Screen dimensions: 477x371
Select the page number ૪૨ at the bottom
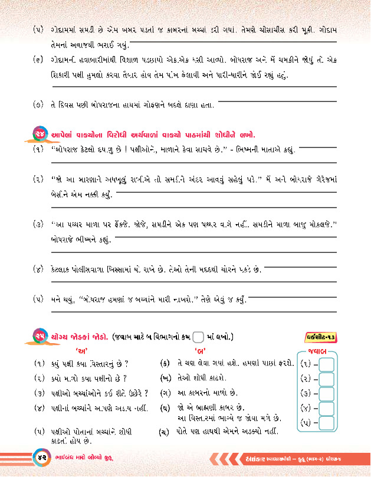click(39, 458)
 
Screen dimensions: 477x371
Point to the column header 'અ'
click(78, 351)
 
